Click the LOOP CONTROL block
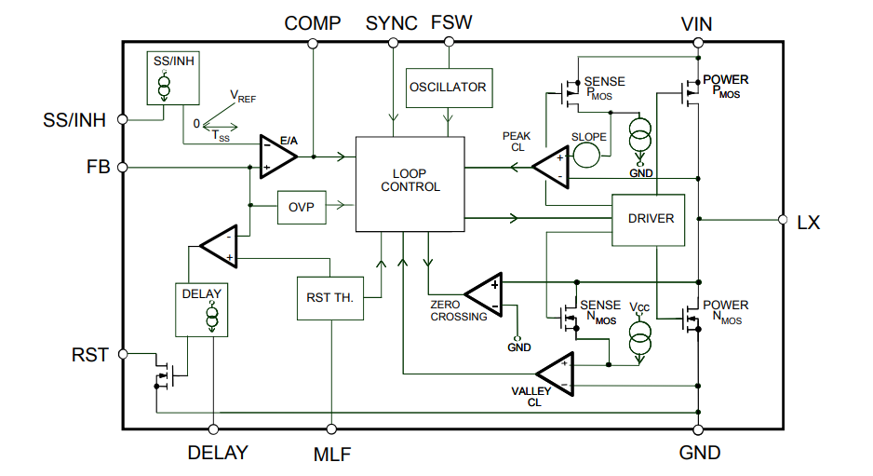click(410, 183)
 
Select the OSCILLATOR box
click(448, 88)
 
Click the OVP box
click(302, 207)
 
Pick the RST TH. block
click(331, 298)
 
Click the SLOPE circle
click(588, 152)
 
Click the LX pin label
click(809, 222)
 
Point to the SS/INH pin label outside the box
click(74, 121)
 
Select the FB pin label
click(98, 168)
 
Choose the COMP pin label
click(313, 23)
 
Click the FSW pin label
click(451, 23)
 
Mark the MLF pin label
click(331, 455)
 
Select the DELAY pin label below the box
click(218, 454)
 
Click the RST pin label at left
click(90, 355)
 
